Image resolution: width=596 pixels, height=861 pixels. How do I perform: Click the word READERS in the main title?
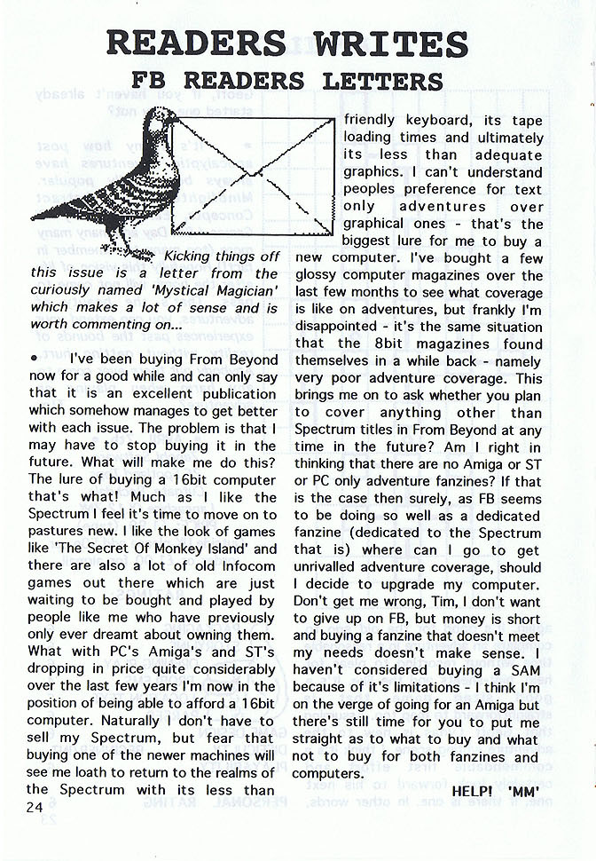(195, 43)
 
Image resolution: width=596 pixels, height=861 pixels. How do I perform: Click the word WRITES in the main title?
(388, 43)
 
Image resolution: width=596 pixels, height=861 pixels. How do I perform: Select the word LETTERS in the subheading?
(383, 82)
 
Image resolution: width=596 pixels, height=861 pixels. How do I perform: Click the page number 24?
(35, 807)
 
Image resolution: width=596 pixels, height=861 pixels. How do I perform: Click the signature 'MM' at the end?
(525, 789)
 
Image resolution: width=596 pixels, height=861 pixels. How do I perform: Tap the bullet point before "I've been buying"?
(34, 359)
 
